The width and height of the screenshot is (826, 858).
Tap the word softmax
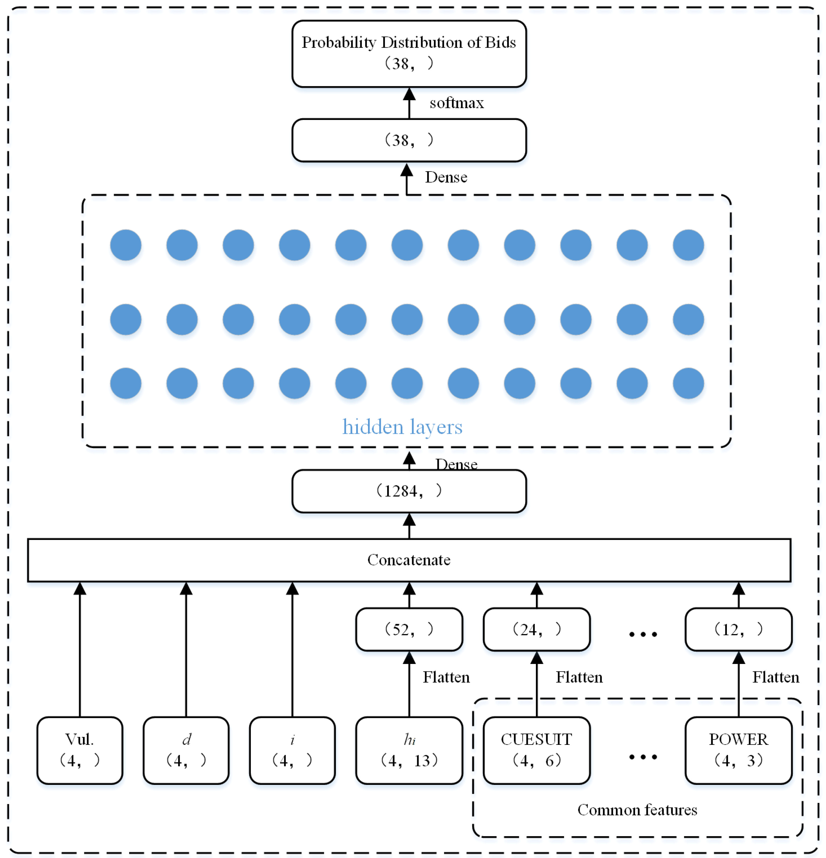(x=456, y=103)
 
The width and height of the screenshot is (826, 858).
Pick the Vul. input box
(x=80, y=750)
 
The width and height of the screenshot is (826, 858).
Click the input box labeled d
(x=186, y=750)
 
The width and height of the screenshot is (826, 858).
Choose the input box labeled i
(x=292, y=750)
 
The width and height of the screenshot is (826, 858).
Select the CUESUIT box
(x=536, y=750)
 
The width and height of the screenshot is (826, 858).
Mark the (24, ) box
(x=536, y=629)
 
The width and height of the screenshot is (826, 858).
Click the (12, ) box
(x=738, y=629)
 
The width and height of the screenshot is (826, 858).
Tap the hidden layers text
(x=402, y=427)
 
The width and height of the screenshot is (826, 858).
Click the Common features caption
(x=637, y=810)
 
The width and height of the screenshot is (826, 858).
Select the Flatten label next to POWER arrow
(x=775, y=677)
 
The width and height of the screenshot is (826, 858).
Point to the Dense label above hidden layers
(x=446, y=177)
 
